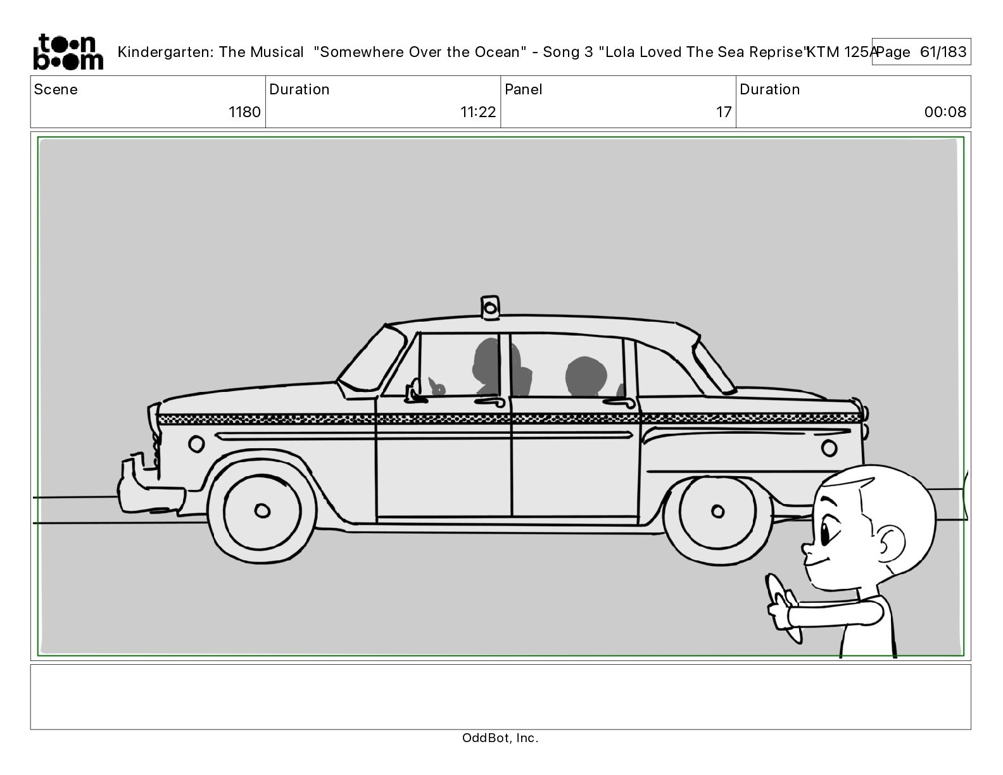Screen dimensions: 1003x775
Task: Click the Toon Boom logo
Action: point(67,52)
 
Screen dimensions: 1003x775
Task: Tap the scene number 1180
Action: point(244,112)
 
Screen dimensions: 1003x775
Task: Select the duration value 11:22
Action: point(478,112)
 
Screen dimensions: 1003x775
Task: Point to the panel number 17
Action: point(724,112)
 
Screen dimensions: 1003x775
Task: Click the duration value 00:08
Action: point(945,112)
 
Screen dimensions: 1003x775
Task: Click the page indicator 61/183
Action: point(943,52)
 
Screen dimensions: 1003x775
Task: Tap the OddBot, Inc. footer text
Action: point(500,738)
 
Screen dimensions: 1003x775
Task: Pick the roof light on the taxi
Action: point(489,307)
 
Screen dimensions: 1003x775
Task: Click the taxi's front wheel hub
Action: point(261,510)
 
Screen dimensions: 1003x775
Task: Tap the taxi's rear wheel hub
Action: point(717,511)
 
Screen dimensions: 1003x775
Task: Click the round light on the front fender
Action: point(196,443)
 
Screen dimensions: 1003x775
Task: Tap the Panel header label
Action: point(524,89)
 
